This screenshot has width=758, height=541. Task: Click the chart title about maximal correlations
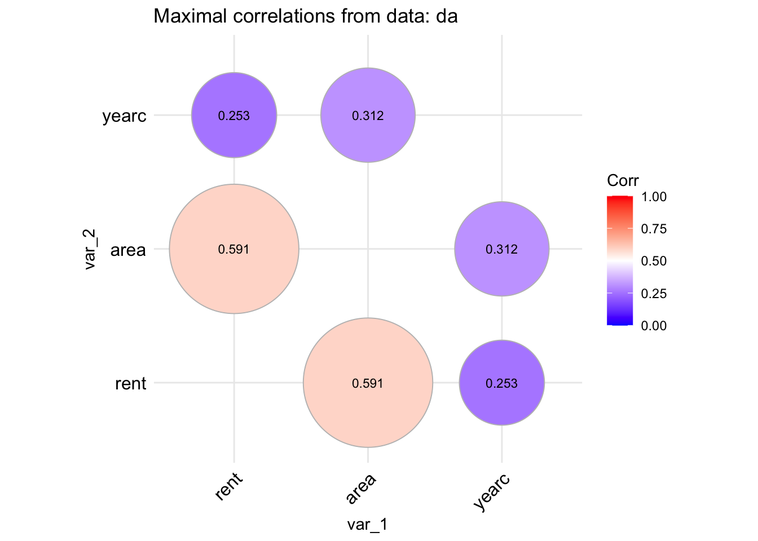[305, 16]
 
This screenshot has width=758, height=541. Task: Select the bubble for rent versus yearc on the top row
[234, 116]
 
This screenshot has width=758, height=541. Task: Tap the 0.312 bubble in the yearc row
[368, 116]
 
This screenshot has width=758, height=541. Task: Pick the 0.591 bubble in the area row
[234, 249]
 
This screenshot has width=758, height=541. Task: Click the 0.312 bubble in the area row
[502, 249]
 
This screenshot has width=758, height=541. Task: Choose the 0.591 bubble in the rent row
[368, 383]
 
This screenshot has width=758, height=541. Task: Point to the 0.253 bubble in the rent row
[502, 383]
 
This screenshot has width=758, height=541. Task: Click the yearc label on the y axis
[125, 117]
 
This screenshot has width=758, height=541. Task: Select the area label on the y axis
[128, 250]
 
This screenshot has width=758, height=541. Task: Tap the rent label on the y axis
[130, 384]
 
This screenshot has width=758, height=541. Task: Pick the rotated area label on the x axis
[361, 489]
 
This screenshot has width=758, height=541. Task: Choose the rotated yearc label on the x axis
[492, 492]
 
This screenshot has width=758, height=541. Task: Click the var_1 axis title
[368, 525]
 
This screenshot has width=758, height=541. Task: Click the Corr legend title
[623, 181]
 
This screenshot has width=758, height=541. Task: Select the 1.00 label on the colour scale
[654, 197]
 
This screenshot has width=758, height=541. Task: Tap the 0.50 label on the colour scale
[654, 261]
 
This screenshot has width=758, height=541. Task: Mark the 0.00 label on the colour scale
[654, 325]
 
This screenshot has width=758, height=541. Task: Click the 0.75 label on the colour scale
[654, 229]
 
